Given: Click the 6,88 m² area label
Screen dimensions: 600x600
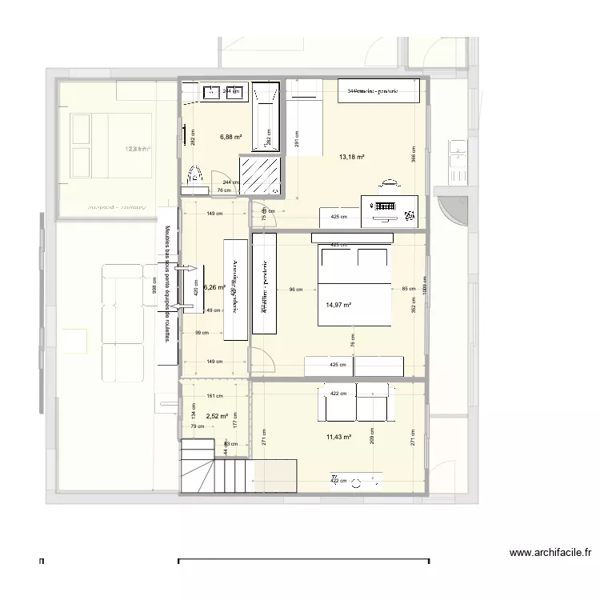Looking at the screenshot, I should point(230,137).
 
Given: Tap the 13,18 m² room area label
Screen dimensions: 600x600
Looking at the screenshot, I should point(352,157).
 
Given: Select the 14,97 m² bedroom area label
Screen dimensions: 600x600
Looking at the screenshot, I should point(339,305).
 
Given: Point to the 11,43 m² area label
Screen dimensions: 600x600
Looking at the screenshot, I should point(339,437).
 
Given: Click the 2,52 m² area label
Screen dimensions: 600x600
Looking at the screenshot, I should point(217,416).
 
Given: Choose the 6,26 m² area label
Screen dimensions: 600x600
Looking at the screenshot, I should point(214,287).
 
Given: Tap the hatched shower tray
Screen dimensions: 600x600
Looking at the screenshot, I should point(262,174).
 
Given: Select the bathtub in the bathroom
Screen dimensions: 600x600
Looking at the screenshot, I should point(266,118).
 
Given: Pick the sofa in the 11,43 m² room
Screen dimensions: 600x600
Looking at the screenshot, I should point(356,402).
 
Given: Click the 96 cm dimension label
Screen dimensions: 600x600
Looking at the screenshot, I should point(296,290).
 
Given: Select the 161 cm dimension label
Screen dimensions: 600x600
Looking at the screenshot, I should point(214,396).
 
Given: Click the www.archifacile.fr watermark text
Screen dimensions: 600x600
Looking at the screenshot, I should point(550,552).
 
